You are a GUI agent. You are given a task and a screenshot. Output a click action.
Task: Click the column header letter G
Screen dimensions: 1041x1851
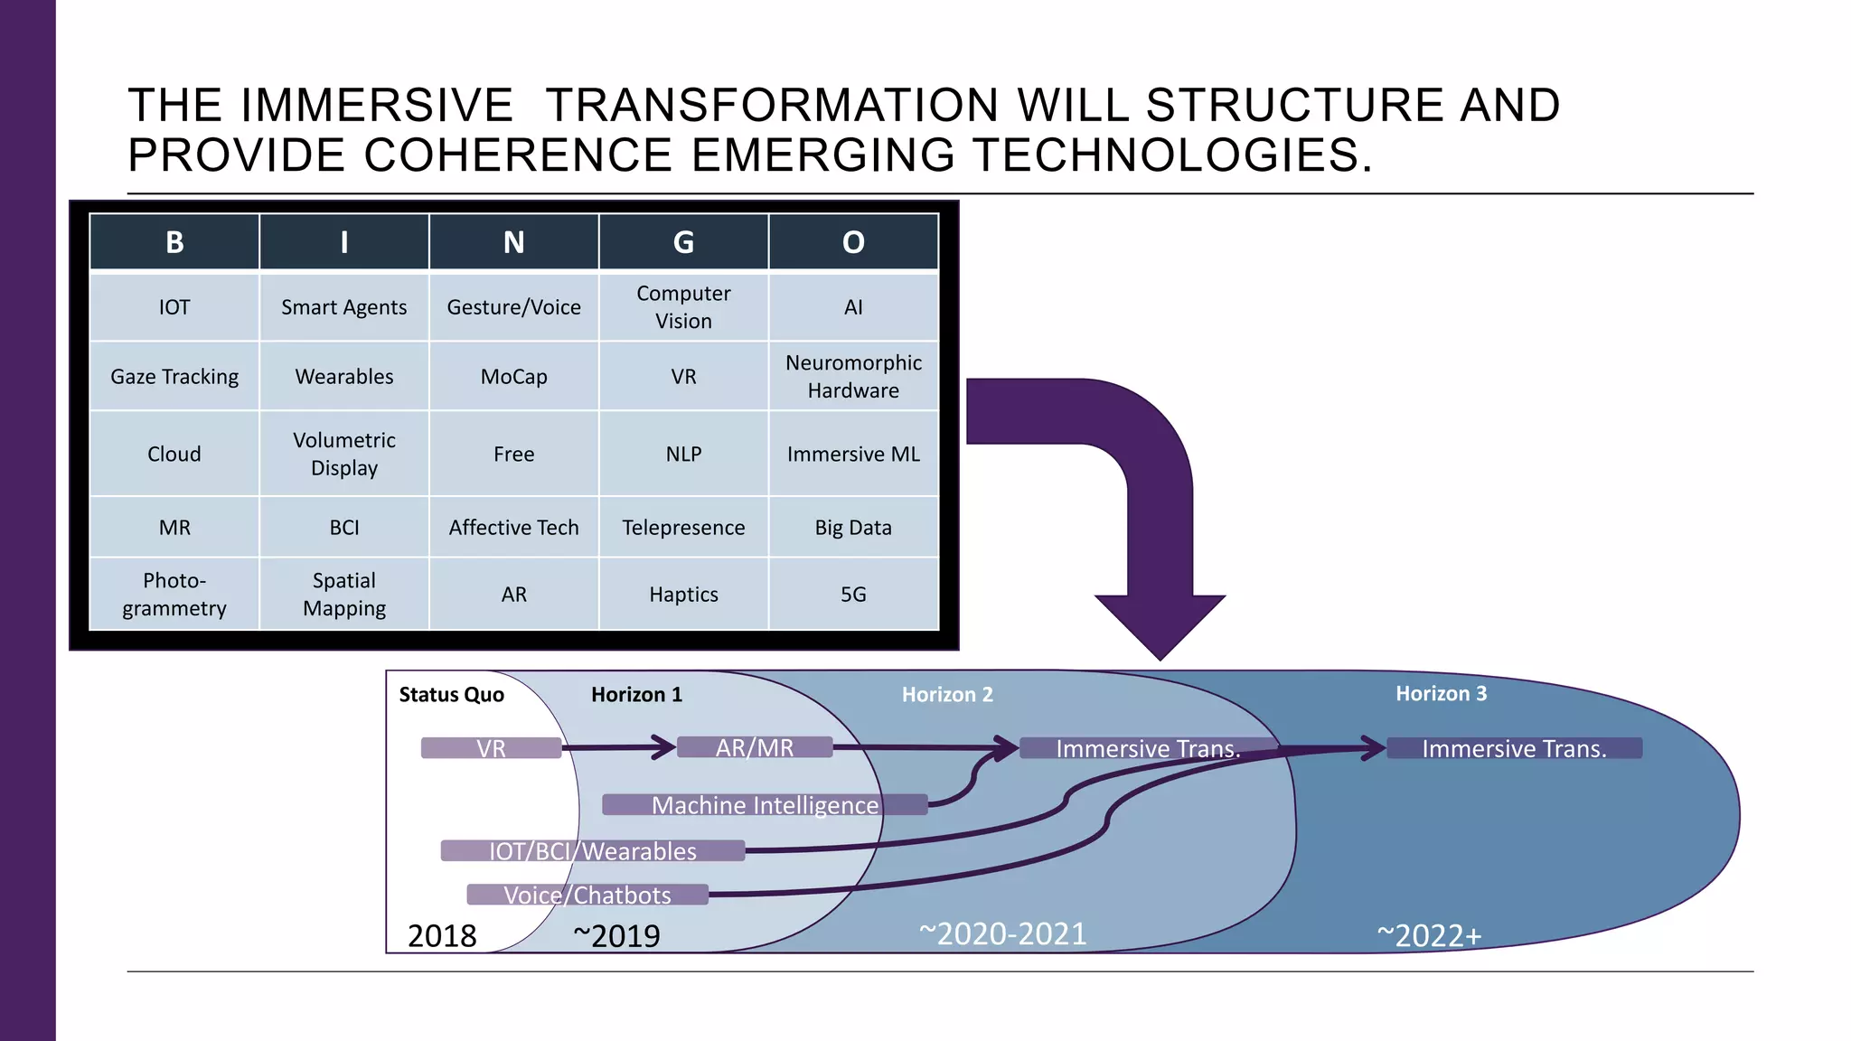pos(683,242)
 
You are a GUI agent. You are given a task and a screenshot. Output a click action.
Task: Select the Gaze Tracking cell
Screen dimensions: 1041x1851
pos(174,377)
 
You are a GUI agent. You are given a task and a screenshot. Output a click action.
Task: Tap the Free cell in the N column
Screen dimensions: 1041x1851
pos(513,454)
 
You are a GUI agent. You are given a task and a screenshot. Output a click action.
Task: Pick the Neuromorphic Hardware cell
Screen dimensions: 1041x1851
pos(853,377)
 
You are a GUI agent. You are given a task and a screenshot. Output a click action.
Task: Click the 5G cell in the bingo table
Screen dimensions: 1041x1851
pos(853,595)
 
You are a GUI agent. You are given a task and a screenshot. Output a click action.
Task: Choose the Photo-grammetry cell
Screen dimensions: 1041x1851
pos(174,595)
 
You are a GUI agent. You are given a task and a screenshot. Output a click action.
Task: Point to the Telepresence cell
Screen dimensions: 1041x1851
pos(683,528)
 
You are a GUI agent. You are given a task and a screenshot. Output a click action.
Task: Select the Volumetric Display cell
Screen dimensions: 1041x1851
pos(344,454)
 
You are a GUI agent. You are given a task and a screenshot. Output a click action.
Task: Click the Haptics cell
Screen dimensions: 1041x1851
pos(683,595)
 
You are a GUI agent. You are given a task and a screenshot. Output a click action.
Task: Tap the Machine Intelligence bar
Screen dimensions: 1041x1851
pos(765,805)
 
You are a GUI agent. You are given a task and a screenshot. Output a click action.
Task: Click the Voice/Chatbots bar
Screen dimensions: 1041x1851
pos(587,895)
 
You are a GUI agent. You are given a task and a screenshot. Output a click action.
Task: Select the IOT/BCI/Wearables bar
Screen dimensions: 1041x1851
pos(593,851)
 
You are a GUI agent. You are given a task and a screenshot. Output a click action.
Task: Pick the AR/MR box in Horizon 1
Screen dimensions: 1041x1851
pos(755,747)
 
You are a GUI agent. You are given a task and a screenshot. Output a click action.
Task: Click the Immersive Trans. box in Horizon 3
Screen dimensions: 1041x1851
pos(1514,748)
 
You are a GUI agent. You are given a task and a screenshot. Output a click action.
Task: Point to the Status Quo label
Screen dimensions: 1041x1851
pos(451,694)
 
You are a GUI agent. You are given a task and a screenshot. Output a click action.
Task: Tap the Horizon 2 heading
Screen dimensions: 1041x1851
pos(947,694)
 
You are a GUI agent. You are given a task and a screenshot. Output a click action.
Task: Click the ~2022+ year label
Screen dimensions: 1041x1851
pos(1429,935)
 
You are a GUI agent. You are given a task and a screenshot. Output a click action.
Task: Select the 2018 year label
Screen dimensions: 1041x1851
pos(442,935)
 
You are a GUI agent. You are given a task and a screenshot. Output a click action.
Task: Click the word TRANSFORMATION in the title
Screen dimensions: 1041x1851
pos(772,105)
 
